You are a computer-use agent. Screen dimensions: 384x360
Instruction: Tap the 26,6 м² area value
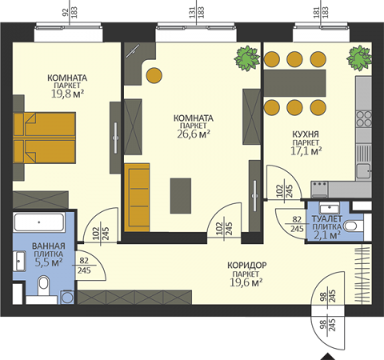tap(194, 134)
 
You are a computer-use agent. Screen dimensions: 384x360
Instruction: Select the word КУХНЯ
tap(306, 134)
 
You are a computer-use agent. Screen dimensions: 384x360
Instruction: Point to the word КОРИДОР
tap(247, 266)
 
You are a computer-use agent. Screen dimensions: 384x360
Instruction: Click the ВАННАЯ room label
tap(49, 246)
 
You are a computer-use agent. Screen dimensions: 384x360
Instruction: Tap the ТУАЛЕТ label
tap(327, 219)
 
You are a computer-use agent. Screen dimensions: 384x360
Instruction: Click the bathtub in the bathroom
tap(39, 222)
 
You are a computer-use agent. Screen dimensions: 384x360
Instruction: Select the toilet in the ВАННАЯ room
tap(43, 286)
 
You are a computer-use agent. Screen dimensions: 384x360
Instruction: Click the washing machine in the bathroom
tap(67, 297)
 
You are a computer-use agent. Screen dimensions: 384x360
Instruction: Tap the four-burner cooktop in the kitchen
tap(364, 118)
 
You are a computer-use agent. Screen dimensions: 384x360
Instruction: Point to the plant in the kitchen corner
tap(359, 58)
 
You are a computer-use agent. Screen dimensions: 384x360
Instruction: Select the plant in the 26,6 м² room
tap(247, 58)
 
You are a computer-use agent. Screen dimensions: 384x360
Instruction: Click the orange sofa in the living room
tap(137, 198)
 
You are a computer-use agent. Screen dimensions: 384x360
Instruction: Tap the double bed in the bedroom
tap(44, 138)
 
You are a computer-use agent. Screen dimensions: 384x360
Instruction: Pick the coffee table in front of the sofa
tap(181, 196)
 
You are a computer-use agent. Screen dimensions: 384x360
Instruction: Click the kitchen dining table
tap(295, 83)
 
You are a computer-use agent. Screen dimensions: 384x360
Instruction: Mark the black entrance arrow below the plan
tap(328, 357)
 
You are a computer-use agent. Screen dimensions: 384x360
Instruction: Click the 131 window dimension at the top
tap(193, 12)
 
